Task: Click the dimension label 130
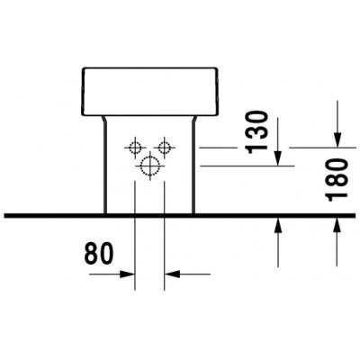coord(256,132)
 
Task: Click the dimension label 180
coord(337,180)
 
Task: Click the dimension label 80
coord(99,254)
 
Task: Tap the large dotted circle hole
coord(149,166)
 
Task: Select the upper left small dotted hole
coord(135,148)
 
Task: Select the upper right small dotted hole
coord(164,148)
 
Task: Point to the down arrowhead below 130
coord(278,157)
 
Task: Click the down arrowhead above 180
coord(337,139)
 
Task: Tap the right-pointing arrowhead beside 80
coord(127,274)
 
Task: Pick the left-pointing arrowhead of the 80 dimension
coord(172,274)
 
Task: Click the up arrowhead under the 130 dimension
coord(278,225)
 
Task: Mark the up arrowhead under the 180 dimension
coord(337,225)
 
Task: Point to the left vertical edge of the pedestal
coord(105,168)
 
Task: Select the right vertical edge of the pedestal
coord(193,168)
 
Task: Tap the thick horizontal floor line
coord(180,215)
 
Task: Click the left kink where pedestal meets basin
coord(103,120)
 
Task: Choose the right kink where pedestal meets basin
coord(194,120)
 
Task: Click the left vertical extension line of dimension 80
coord(135,236)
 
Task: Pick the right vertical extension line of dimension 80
coord(164,236)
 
